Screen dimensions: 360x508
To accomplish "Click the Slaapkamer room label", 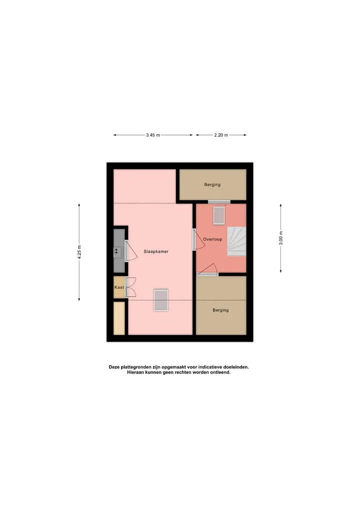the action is tap(156, 251).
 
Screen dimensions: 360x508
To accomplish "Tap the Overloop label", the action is tap(212, 239).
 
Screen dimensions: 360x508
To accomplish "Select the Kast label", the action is tap(119, 287).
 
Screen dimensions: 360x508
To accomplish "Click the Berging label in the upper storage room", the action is tap(212, 185).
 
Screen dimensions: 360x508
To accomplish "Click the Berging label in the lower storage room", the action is tap(220, 310).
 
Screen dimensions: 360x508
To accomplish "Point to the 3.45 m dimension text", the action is tap(153, 135).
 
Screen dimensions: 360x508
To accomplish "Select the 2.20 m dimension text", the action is tap(221, 135).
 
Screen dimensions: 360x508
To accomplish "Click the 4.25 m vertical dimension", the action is tap(79, 252).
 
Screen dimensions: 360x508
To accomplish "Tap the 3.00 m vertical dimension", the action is tap(281, 238).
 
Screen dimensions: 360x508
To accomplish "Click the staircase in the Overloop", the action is tap(236, 241).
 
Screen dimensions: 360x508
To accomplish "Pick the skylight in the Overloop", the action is tap(219, 215).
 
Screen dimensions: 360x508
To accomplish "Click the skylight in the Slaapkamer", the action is tap(161, 300).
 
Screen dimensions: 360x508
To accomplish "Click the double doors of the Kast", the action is tap(130, 287).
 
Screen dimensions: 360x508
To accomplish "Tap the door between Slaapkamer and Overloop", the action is tap(198, 239).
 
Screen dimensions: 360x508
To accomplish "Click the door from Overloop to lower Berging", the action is tap(207, 270).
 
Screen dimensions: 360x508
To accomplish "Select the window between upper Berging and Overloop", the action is tap(219, 202).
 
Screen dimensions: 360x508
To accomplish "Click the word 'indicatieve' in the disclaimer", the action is tap(209, 367).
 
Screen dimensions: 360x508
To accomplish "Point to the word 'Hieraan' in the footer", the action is tap(135, 373).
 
